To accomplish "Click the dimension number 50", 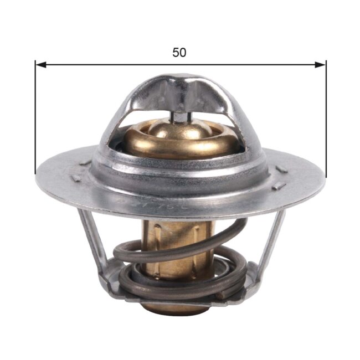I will pyautogui.click(x=179, y=53).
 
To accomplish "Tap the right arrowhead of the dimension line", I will pyautogui.click(x=322, y=65).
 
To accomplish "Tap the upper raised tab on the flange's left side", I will pyautogui.click(x=85, y=162).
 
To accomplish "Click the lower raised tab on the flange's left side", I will pyautogui.click(x=76, y=178).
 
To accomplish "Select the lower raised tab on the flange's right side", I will pyautogui.click(x=279, y=186).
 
